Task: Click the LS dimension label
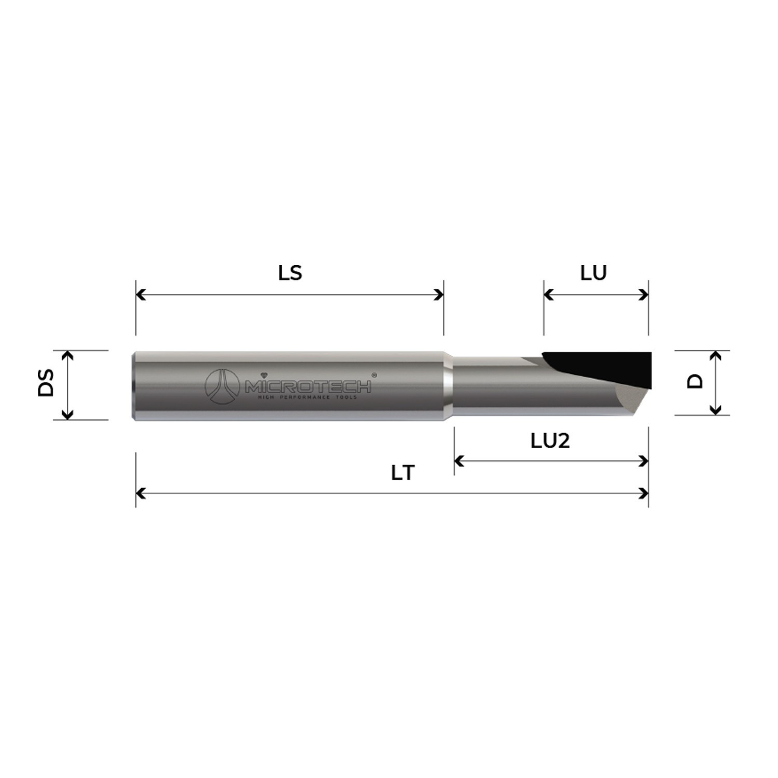[x=290, y=273]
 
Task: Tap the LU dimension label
[x=593, y=273]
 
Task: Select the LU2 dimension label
[x=550, y=441]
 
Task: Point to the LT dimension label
[x=403, y=473]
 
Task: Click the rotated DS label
[x=47, y=383]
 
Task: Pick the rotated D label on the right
[x=695, y=381]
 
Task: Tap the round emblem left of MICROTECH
[x=222, y=386]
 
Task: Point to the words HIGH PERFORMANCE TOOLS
[x=308, y=397]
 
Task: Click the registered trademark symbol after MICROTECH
[x=374, y=375]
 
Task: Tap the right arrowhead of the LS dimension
[x=440, y=295]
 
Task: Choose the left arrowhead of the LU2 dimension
[x=458, y=461]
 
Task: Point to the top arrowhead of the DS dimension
[x=67, y=355]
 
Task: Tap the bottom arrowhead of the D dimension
[x=715, y=411]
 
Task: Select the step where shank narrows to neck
[x=448, y=385]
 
